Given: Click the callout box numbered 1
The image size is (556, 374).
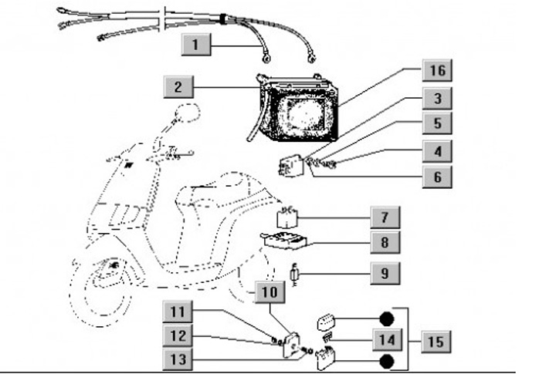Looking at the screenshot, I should (x=196, y=45).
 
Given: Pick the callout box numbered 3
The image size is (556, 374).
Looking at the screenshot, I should (x=438, y=99).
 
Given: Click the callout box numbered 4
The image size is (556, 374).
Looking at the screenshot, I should (x=438, y=150).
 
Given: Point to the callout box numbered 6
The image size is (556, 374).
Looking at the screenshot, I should (x=438, y=177).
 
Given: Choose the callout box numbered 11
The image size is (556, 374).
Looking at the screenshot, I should (x=178, y=312).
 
